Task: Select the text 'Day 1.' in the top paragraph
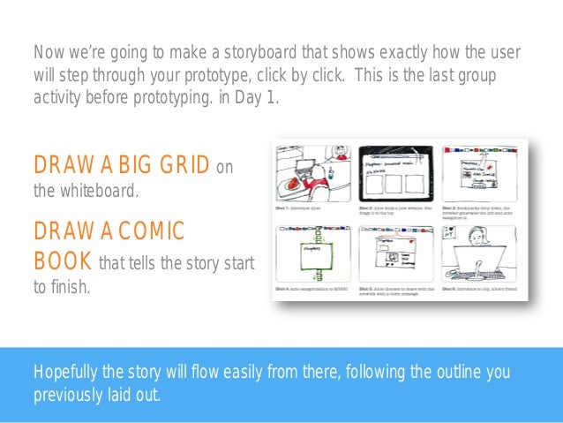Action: tap(257, 97)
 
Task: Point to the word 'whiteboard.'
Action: tap(99, 188)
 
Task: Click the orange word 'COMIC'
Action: tap(146, 231)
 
